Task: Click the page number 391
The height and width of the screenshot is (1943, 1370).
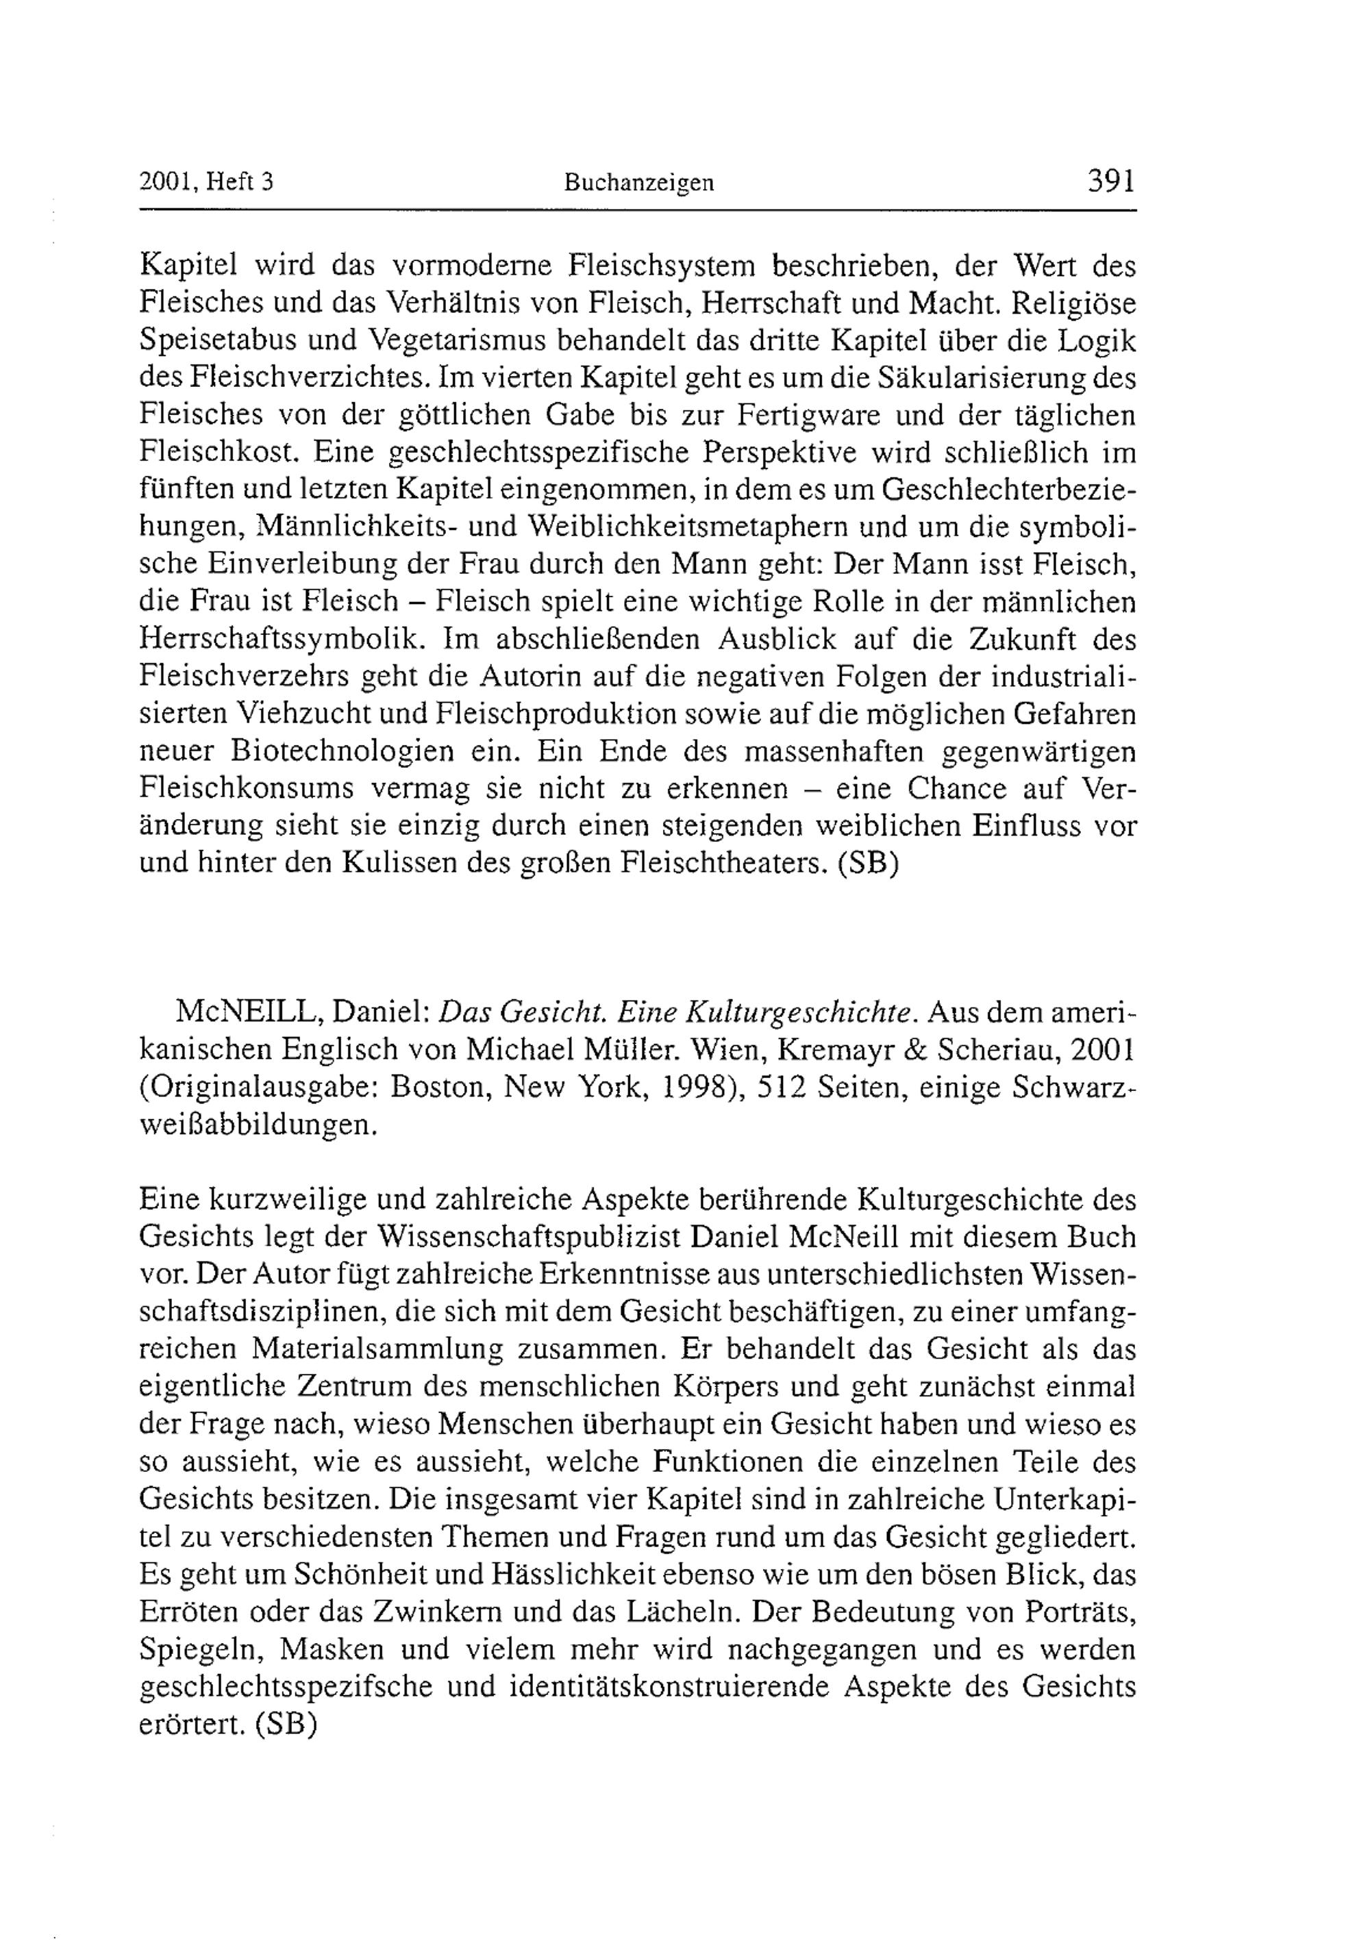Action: pyautogui.click(x=1110, y=182)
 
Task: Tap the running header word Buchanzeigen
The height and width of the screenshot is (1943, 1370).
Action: pyautogui.click(x=639, y=183)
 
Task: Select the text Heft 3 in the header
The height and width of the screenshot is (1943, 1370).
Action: pyautogui.click(x=240, y=183)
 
